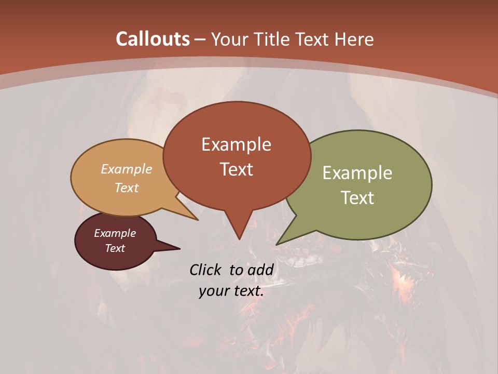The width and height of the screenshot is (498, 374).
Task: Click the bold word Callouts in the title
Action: click(x=153, y=39)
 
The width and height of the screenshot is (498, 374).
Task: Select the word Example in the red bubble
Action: click(x=236, y=144)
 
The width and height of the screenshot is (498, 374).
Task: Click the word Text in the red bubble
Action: click(x=237, y=169)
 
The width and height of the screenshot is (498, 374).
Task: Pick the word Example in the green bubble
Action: click(x=357, y=173)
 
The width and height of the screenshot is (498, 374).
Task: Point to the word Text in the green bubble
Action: click(x=357, y=198)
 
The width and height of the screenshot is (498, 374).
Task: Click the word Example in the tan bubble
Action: click(x=127, y=169)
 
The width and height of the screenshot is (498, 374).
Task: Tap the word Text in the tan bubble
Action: click(x=127, y=188)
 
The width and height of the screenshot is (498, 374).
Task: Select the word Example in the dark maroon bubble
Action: click(x=115, y=233)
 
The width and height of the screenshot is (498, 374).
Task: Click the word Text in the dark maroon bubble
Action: click(x=115, y=248)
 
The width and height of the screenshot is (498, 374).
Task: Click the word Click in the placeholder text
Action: click(x=206, y=270)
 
